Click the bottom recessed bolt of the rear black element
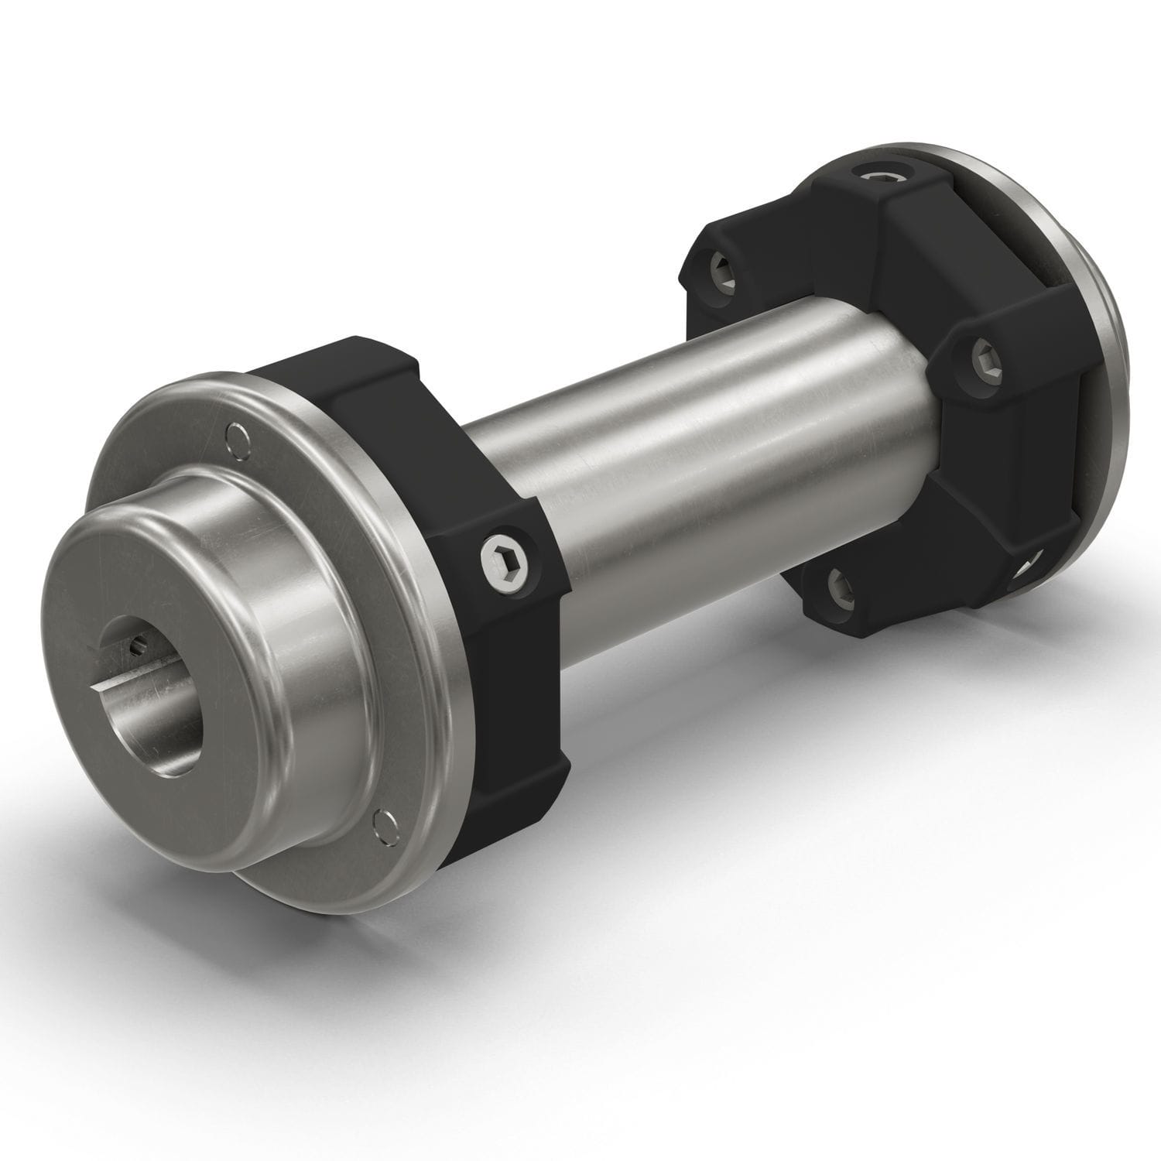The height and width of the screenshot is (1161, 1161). pyautogui.click(x=843, y=590)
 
